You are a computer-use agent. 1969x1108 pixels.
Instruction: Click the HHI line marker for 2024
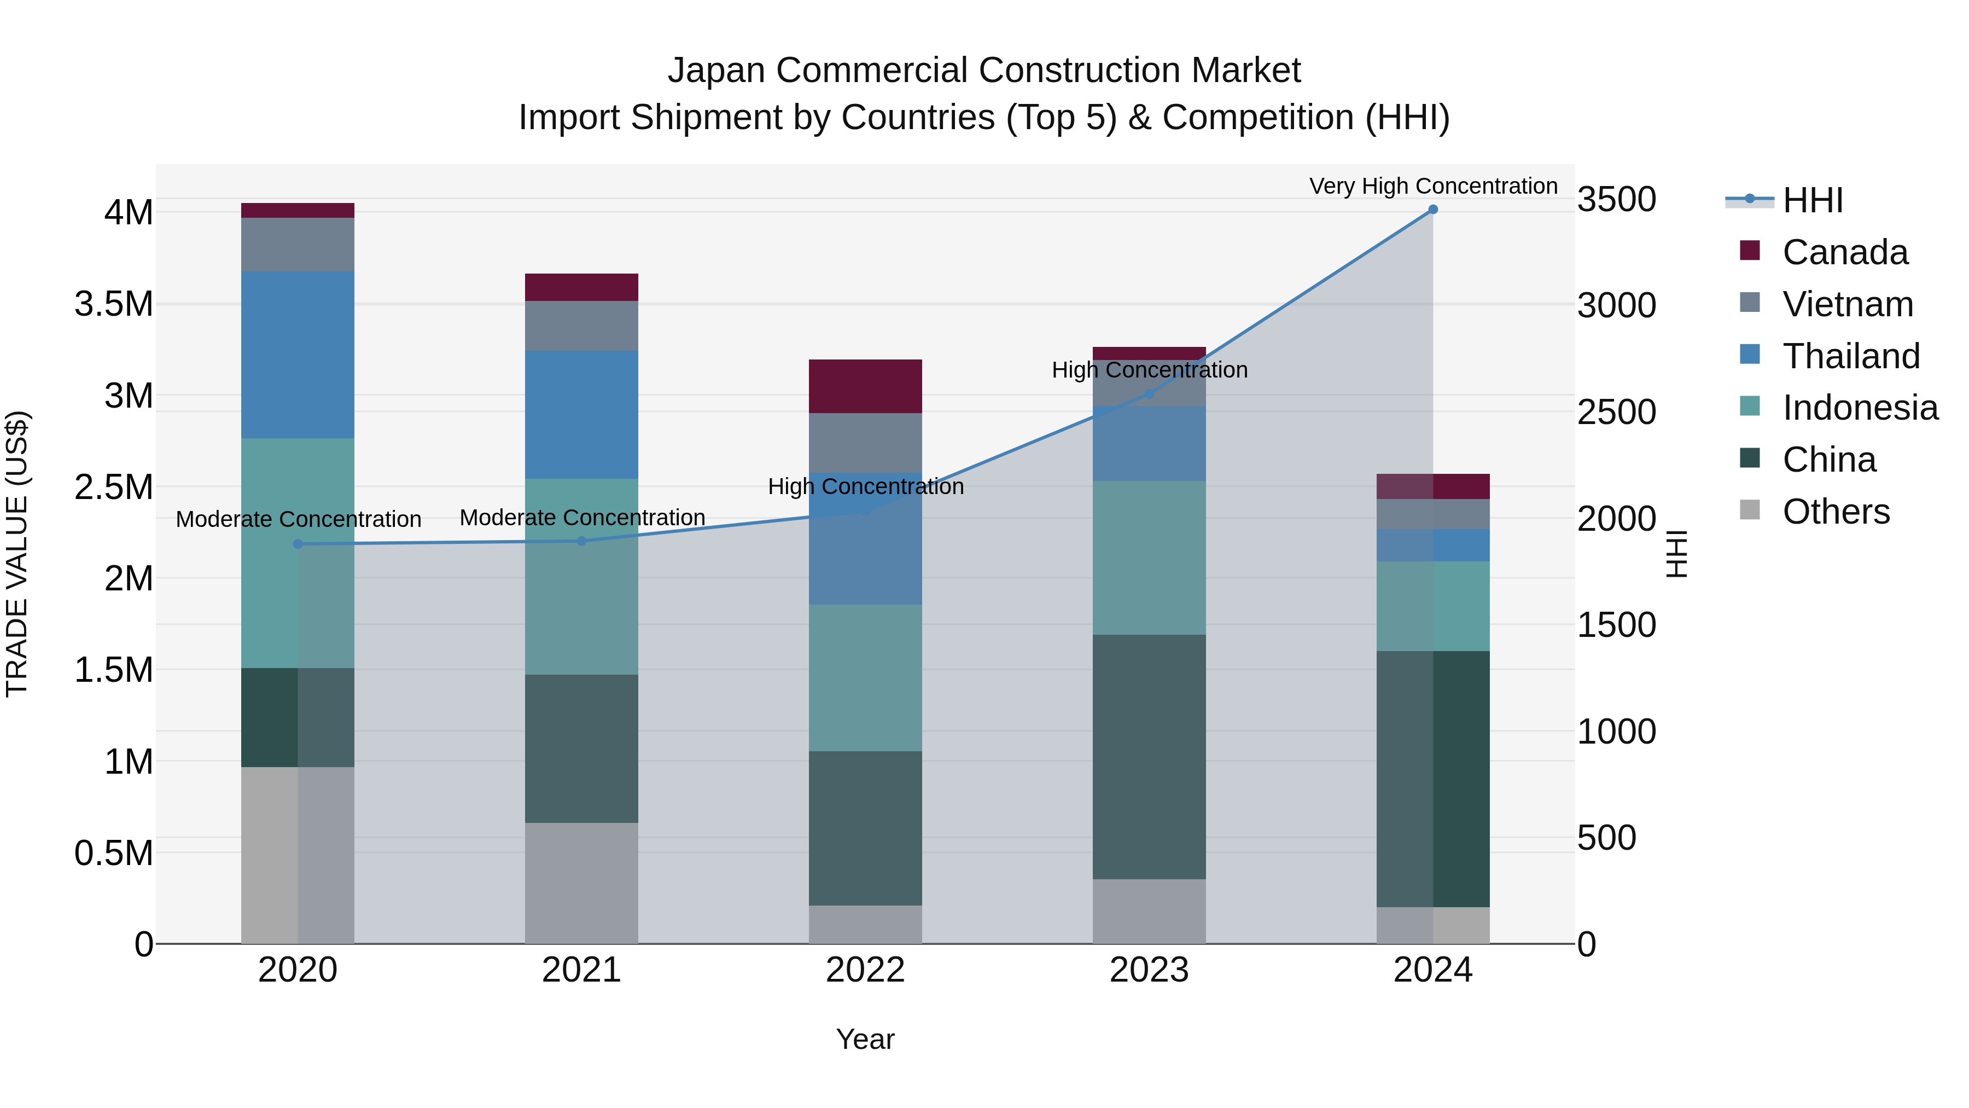[1432, 210]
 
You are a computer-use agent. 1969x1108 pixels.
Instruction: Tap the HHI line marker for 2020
[298, 544]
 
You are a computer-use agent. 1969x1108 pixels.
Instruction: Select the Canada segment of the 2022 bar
[865, 386]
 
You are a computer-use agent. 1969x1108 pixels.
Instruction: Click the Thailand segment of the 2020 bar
[298, 355]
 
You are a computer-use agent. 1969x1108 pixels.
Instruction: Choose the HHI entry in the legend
[1813, 200]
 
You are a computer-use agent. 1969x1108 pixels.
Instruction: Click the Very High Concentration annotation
[1432, 186]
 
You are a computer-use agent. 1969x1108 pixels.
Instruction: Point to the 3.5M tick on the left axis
[114, 304]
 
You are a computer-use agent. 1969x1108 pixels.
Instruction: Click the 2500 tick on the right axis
[1617, 412]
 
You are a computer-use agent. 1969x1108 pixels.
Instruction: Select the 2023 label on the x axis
[1149, 970]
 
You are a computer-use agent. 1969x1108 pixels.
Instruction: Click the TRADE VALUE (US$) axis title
[17, 554]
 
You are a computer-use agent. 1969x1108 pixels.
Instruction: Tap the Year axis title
[865, 1039]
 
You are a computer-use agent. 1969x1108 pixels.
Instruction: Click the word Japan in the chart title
[715, 71]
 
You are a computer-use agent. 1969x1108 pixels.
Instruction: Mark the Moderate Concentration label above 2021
[582, 518]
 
